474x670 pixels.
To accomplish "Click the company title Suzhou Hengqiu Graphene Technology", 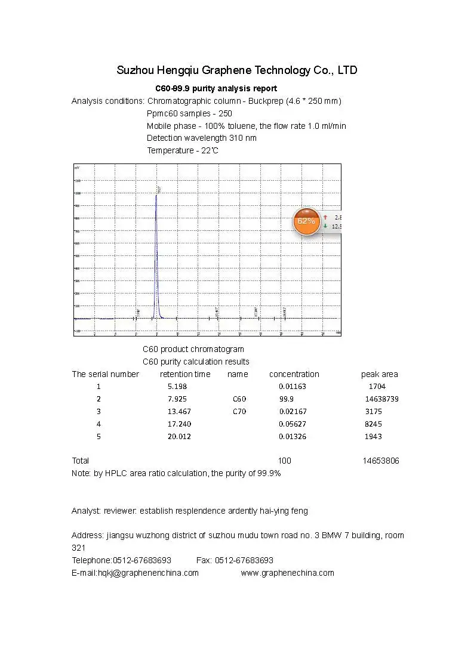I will tap(237, 70).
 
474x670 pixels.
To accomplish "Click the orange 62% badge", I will tap(306, 221).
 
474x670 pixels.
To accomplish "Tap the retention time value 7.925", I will tap(177, 399).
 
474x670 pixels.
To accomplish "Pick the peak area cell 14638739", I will tap(381, 399).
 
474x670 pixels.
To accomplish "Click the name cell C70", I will tap(239, 412).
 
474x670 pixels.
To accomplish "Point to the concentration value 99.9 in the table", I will tap(286, 399).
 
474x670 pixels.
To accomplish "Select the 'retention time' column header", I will tap(185, 374).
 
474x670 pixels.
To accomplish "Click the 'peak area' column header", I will tap(379, 374).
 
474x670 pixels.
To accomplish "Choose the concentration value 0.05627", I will tap(293, 424).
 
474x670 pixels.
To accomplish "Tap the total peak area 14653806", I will tap(381, 461).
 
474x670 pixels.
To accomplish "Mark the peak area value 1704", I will tap(377, 386).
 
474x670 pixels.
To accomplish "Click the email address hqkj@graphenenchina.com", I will tap(148, 573).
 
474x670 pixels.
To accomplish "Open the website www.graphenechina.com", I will tap(287, 573).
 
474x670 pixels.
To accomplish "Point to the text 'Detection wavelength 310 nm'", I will tap(202, 138).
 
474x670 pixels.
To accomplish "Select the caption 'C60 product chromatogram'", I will tap(193, 349).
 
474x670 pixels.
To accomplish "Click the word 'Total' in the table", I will tap(81, 461).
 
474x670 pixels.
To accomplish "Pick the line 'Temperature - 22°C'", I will tap(183, 150).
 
